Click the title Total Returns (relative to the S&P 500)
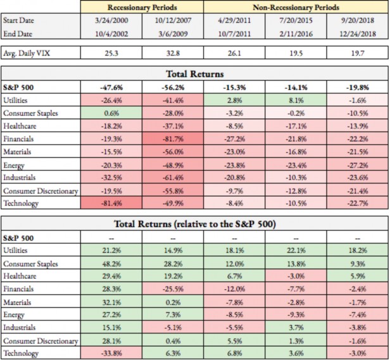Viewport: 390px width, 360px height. coord(194,223)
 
